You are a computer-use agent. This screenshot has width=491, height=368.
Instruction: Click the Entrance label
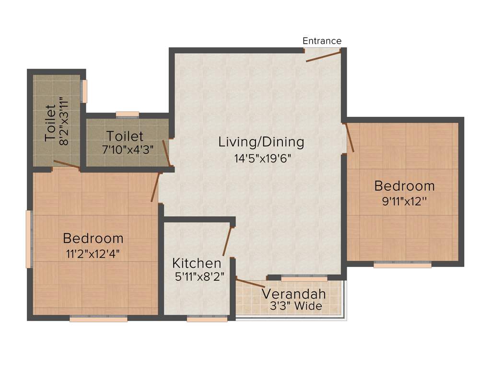coord(322,41)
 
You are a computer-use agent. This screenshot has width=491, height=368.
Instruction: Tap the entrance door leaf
coord(324,57)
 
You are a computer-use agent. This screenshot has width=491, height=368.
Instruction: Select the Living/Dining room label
coord(261,142)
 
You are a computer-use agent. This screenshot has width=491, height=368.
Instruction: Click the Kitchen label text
coord(197,263)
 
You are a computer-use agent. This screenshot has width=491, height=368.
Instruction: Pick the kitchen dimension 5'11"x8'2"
coord(199,276)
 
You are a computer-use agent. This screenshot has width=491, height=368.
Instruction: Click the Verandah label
coord(293,294)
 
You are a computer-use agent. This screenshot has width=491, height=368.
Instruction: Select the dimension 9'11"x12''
coord(404,201)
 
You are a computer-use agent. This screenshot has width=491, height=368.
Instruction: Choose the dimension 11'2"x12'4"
coord(93,253)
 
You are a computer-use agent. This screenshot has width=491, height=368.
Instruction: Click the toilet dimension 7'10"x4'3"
coord(128,149)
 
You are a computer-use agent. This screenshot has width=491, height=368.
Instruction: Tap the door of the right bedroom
coord(350,138)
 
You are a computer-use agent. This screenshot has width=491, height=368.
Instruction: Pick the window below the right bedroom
coord(402,264)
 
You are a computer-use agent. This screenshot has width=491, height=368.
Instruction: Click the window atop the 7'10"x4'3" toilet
coord(128,115)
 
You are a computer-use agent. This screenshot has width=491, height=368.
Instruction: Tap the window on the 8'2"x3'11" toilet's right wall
coord(84,91)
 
